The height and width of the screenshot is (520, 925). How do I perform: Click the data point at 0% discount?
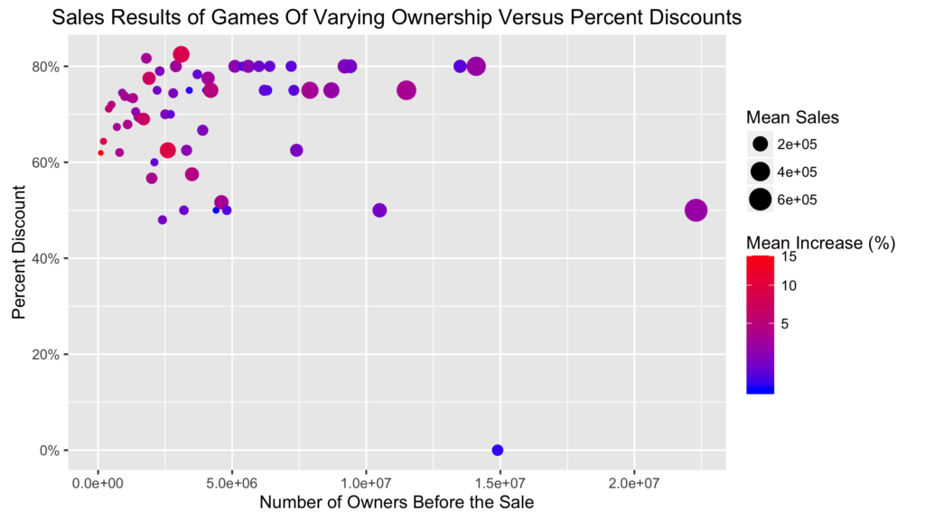pyautogui.click(x=498, y=450)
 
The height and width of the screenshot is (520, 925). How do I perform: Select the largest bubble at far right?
pyautogui.click(x=696, y=210)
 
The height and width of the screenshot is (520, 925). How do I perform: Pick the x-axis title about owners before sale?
pyautogui.click(x=397, y=503)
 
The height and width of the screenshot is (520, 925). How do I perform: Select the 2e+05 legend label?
pyautogui.click(x=797, y=144)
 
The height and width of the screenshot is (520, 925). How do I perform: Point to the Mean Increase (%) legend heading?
pyautogui.click(x=820, y=244)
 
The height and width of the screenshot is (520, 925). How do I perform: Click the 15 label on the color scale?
pyautogui.click(x=789, y=257)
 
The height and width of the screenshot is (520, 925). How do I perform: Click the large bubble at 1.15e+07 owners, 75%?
pyautogui.click(x=406, y=90)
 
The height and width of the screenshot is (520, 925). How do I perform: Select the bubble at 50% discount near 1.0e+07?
pyautogui.click(x=379, y=210)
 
